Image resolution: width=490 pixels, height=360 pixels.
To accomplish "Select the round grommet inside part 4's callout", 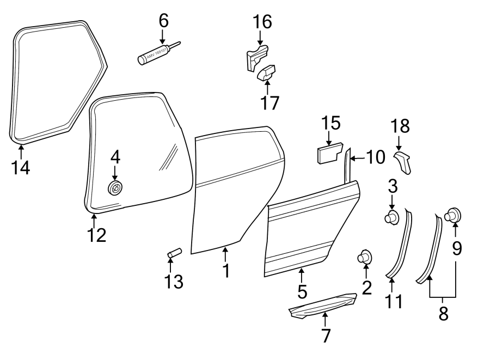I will pyautogui.click(x=115, y=188).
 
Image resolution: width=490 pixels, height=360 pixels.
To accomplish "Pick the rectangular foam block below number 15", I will pyautogui.click(x=328, y=152).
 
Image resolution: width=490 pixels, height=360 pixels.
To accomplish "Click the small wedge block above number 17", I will pyautogui.click(x=267, y=72).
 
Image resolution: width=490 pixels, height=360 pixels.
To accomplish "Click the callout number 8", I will pyautogui.click(x=443, y=314).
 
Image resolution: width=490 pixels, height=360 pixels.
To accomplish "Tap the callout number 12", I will pyautogui.click(x=96, y=235).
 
